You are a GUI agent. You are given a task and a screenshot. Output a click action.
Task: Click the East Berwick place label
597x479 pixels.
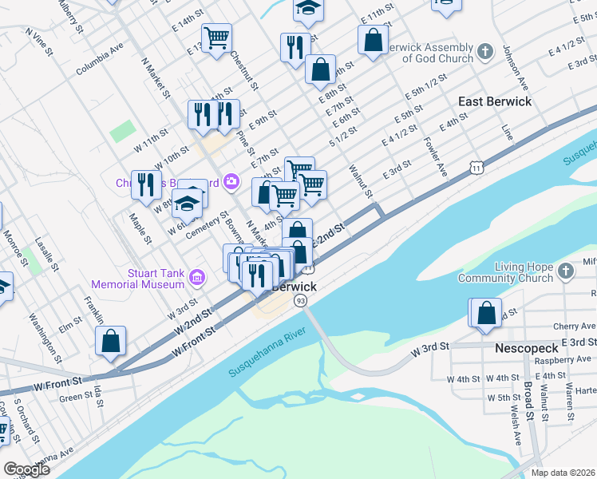[494, 101]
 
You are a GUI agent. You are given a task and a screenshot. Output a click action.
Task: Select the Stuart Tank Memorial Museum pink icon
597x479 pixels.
[197, 278]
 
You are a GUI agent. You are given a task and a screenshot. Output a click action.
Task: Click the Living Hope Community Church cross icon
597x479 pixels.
[565, 271]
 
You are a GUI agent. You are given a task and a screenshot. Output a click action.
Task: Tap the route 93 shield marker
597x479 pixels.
[300, 300]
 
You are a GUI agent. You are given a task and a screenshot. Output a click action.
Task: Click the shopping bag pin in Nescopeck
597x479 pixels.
[486, 314]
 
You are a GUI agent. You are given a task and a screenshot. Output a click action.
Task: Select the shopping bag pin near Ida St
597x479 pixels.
[111, 341]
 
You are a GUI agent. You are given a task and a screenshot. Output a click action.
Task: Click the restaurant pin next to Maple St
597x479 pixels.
[145, 184]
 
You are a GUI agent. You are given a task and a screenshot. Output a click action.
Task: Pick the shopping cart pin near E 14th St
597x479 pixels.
[216, 38]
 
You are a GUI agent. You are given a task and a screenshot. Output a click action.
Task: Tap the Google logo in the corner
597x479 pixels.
[26, 469]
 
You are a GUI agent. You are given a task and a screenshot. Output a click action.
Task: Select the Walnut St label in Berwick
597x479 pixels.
[362, 181]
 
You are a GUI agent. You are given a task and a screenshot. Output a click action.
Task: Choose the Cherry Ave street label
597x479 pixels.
[574, 327]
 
